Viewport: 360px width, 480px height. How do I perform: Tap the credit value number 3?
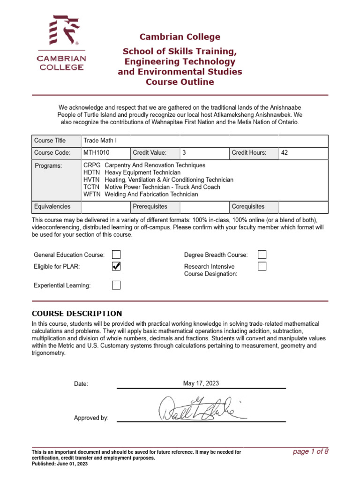[184, 153]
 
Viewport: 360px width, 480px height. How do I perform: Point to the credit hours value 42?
[285, 153]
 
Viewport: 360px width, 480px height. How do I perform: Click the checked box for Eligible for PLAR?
[116, 266]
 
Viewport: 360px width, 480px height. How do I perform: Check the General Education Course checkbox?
[116, 255]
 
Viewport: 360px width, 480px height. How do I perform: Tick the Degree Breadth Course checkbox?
[262, 255]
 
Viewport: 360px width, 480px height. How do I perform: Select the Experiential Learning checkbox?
[116, 285]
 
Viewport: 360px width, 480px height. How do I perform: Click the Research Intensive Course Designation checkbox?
[262, 266]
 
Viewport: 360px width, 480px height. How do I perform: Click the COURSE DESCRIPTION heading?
[77, 314]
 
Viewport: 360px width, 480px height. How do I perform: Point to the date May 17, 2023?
[201, 383]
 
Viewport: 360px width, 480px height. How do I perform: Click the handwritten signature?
[202, 408]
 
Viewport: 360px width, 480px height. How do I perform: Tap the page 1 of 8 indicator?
[310, 451]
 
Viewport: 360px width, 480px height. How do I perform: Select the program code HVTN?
[91, 180]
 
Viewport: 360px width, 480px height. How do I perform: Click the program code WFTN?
[91, 194]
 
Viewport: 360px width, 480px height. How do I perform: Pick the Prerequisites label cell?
[150, 206]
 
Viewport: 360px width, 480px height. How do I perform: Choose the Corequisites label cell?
[248, 206]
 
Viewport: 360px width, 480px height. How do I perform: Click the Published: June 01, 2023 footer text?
[60, 464]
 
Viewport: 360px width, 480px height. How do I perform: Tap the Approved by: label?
[91, 418]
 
